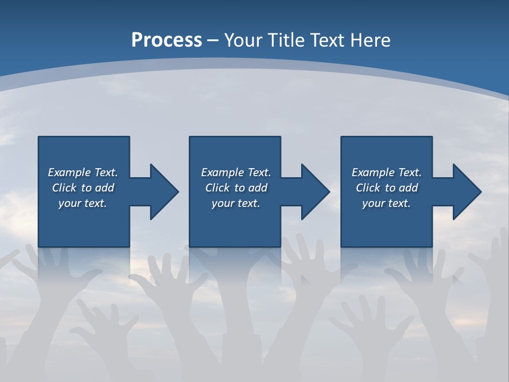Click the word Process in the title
[x=166, y=40]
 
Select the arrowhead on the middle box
[x=314, y=192]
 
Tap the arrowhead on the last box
[x=466, y=192]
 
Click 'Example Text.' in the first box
[x=83, y=172]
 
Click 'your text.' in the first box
[x=83, y=203]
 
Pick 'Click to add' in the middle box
[x=236, y=188]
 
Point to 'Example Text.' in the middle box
[x=236, y=172]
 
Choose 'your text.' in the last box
[x=387, y=203]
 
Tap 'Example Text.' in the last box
[x=387, y=172]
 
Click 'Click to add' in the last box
[x=387, y=188]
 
